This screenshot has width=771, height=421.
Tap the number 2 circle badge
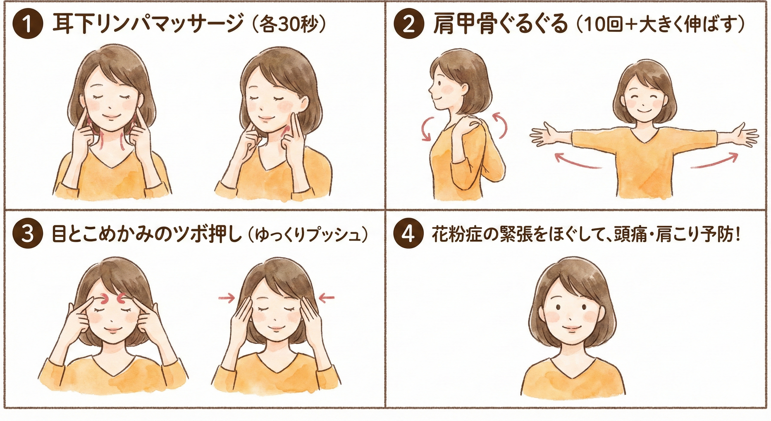pyautogui.click(x=408, y=24)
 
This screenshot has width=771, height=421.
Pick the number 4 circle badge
pyautogui.click(x=409, y=234)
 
